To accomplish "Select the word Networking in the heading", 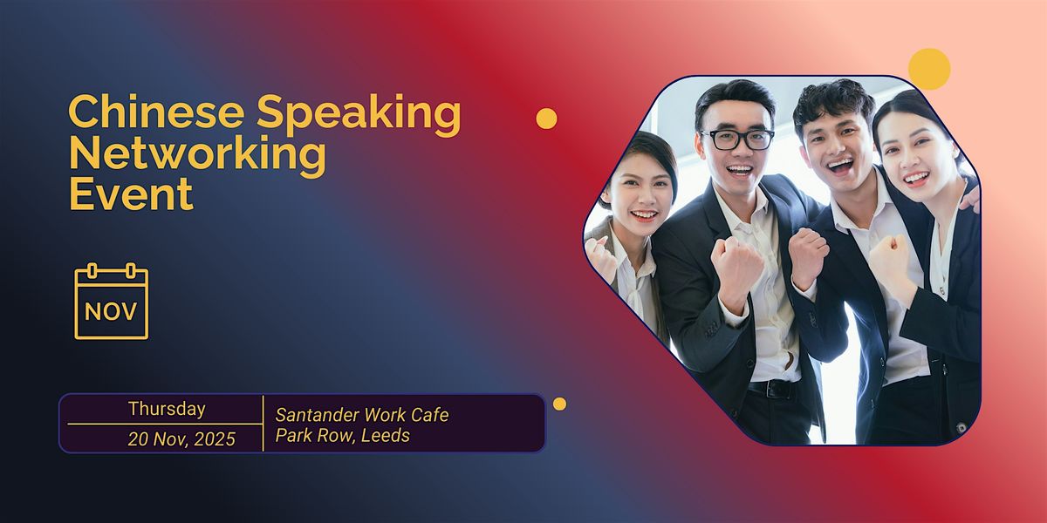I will (x=197, y=154).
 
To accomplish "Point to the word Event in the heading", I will (x=131, y=194).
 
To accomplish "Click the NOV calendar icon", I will (x=112, y=302).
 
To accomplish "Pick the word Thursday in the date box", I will (x=167, y=409).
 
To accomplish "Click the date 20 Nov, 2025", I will (x=181, y=439).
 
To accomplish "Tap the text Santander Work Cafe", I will (x=362, y=415).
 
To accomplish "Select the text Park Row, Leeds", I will (x=343, y=436).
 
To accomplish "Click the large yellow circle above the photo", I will (x=928, y=69).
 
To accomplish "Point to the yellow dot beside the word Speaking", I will (x=546, y=119).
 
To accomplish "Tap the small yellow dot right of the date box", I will (x=559, y=404).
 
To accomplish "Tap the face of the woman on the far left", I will (x=641, y=192).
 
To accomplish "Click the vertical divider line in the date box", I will (x=263, y=423).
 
